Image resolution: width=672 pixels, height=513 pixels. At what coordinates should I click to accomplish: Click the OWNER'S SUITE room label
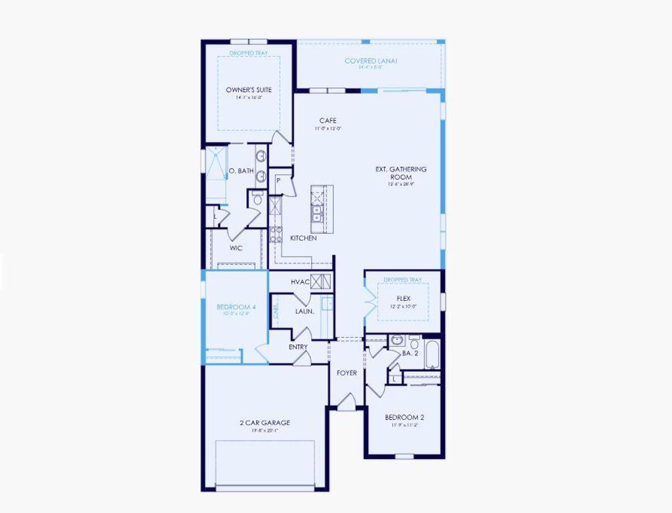pos(249,90)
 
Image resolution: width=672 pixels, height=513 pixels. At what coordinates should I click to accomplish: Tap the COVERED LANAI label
pos(371,61)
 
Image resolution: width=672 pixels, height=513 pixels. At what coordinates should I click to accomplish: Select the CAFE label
pos(327,121)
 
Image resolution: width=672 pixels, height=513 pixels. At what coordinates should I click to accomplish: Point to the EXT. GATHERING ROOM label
pos(401,173)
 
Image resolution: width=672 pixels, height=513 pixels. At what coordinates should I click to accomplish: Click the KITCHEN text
pos(303,238)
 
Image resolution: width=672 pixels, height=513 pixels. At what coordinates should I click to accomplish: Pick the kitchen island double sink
pos(316,213)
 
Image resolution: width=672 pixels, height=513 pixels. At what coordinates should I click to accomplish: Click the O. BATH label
pos(241,171)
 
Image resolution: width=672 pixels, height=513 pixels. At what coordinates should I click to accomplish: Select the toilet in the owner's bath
pos(257,199)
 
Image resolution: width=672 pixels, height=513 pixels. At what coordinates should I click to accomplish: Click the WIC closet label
pos(236,248)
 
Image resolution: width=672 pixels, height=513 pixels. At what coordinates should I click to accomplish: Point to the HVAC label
pos(300,282)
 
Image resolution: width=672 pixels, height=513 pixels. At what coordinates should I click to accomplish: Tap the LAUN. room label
pos(304,311)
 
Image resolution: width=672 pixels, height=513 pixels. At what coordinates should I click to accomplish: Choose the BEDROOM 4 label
pos(236,307)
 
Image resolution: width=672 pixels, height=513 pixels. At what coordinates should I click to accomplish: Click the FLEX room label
pos(403,298)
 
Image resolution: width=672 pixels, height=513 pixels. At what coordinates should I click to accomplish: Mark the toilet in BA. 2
pos(414,342)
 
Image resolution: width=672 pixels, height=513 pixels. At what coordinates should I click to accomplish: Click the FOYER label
pos(347,373)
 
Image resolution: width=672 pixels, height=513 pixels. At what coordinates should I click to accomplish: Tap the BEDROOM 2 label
pos(404,417)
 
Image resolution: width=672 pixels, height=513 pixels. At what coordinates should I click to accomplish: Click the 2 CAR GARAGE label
pos(264,423)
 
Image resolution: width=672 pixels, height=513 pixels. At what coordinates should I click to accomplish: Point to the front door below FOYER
pos(346,402)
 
